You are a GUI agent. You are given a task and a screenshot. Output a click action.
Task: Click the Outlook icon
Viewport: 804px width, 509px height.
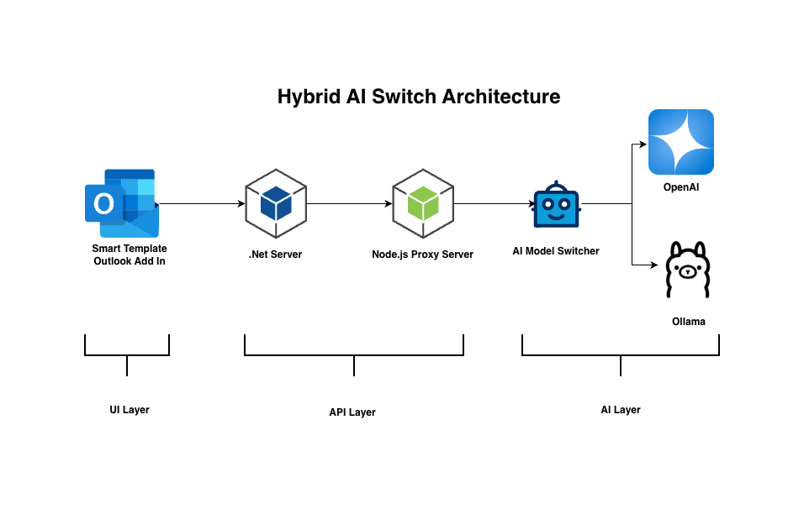pyautogui.click(x=122, y=203)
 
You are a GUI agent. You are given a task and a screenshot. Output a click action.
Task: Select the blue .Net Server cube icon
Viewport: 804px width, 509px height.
pyautogui.click(x=276, y=203)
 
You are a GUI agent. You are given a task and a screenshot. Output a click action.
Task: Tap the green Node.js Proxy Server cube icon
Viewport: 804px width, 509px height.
pyautogui.click(x=423, y=203)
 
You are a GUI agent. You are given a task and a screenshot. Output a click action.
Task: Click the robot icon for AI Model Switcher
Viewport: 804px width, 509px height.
pyautogui.click(x=557, y=204)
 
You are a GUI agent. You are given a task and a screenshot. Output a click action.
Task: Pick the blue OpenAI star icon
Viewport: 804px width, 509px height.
pyautogui.click(x=680, y=142)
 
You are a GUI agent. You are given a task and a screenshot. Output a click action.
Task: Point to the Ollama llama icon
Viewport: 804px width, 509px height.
pyautogui.click(x=688, y=270)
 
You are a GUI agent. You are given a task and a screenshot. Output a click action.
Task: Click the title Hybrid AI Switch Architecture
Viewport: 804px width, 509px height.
pyautogui.click(x=419, y=97)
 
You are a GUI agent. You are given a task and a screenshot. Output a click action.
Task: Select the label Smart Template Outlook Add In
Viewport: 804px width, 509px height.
pyautogui.click(x=130, y=254)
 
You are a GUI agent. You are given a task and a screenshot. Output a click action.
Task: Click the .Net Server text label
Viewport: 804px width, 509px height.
pyautogui.click(x=275, y=254)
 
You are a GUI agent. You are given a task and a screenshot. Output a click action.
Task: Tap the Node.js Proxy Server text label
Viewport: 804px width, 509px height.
pyautogui.click(x=422, y=254)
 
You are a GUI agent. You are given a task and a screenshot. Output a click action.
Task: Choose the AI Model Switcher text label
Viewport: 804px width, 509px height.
pyautogui.click(x=556, y=250)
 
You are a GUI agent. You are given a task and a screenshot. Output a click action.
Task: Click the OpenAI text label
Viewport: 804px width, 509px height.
pyautogui.click(x=681, y=187)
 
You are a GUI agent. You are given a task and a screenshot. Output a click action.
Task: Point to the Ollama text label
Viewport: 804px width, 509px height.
pyautogui.click(x=688, y=322)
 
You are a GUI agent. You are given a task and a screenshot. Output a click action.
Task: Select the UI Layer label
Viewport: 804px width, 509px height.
pyautogui.click(x=129, y=410)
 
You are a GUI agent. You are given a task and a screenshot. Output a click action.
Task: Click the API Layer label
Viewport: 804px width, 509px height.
pyautogui.click(x=352, y=412)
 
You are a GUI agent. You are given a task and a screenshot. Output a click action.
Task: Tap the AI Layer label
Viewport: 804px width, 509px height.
pyautogui.click(x=621, y=410)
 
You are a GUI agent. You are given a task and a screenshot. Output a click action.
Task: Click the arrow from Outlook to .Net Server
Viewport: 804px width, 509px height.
pyautogui.click(x=200, y=203)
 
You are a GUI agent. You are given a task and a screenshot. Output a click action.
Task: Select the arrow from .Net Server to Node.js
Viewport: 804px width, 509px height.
pyautogui.click(x=349, y=203)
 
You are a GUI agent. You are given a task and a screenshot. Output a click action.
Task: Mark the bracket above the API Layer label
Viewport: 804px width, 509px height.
pyautogui.click(x=354, y=354)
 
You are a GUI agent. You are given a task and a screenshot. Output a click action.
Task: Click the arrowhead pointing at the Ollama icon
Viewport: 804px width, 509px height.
pyautogui.click(x=653, y=265)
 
